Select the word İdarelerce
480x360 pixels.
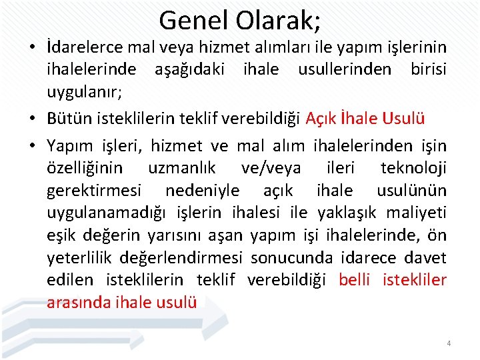(84, 48)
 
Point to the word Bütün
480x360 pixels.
(65, 119)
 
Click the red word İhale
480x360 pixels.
(360, 119)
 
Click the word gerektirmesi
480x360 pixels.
(94, 191)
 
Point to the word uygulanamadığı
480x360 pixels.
(107, 213)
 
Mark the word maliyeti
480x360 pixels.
(416, 213)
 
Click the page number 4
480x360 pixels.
(449, 343)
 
